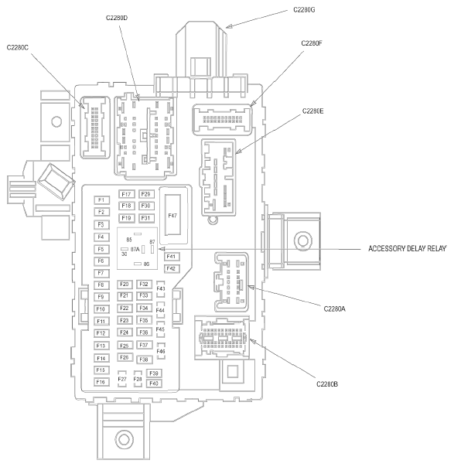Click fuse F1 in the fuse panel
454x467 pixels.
point(101,199)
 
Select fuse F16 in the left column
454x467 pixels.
point(101,382)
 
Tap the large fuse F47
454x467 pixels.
point(172,216)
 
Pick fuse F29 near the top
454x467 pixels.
point(146,194)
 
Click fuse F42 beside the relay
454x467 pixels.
point(171,268)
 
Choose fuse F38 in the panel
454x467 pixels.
point(144,360)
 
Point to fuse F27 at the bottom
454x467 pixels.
point(122,379)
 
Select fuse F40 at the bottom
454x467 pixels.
point(154,383)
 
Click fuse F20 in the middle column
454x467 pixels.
point(125,284)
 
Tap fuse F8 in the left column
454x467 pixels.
point(101,285)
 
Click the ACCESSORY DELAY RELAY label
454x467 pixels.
point(408,248)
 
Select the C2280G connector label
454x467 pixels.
point(304,10)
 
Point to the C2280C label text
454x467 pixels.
point(18,48)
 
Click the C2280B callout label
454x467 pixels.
point(327,384)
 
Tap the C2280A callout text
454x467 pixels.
point(335,308)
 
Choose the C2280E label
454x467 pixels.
point(312,111)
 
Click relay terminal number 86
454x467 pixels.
point(146,264)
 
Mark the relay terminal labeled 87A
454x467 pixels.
point(135,249)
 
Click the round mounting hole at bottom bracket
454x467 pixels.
point(124,439)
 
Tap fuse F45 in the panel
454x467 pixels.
point(161,329)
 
